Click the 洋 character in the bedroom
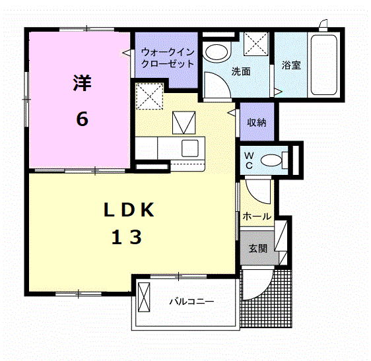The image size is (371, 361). coord(82,84)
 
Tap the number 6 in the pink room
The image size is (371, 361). coord(82,119)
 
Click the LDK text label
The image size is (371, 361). coord(128,211)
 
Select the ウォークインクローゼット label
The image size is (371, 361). coord(167,58)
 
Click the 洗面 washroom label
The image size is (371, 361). coord(240,71)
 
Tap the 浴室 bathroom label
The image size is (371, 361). coord(291,65)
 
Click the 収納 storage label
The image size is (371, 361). coord(257,122)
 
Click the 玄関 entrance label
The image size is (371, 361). coord(257,249)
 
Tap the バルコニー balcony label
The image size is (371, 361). coord(191,302)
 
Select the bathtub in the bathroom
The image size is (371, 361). coord(323,63)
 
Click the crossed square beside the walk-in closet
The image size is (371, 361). coord(150,97)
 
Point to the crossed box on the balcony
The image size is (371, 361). coord(145,300)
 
